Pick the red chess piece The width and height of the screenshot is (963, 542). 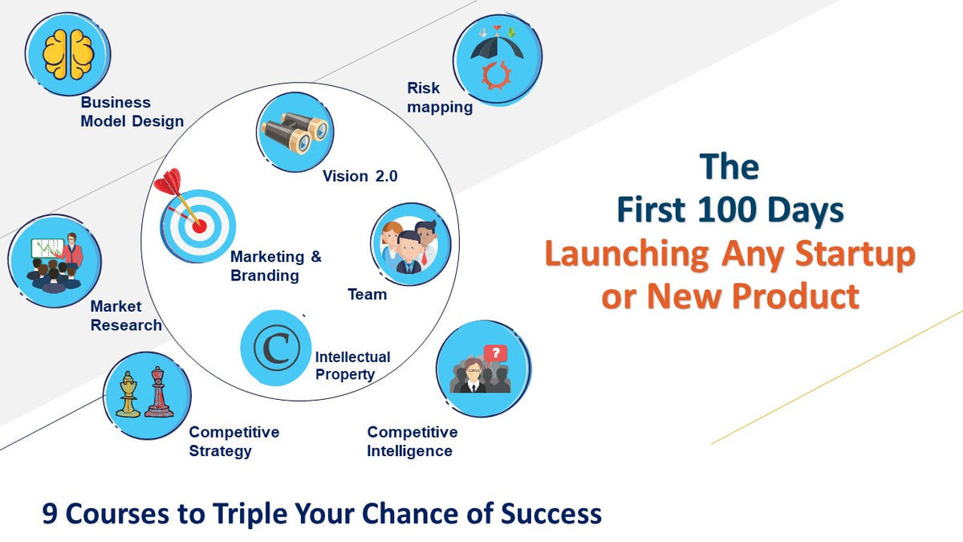pos(159,393)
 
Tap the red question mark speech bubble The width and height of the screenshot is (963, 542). pos(496,353)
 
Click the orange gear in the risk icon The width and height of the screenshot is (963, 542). pos(497,75)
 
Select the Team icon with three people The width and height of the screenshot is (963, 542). pos(410,244)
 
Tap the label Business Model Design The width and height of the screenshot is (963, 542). pos(132,112)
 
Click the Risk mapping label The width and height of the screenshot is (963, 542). pos(439,98)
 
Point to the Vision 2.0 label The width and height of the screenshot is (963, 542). pos(360,177)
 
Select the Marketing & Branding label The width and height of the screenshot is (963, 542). pos(275,267)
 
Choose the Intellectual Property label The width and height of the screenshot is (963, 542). pos(352,365)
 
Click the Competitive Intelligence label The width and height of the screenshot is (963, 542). pos(412,442)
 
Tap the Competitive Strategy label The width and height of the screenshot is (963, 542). pos(234,442)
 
